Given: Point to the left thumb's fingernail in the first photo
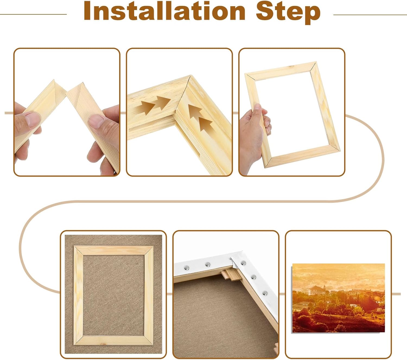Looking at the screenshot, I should tap(32, 119).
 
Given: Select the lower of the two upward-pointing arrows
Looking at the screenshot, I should tap(205, 124).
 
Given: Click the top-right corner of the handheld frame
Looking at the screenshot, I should tap(315, 63).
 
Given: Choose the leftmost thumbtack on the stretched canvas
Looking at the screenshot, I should tap(187, 268).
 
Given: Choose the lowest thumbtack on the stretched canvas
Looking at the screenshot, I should tap(265, 293).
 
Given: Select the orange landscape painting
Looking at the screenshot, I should tap(338, 298).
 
